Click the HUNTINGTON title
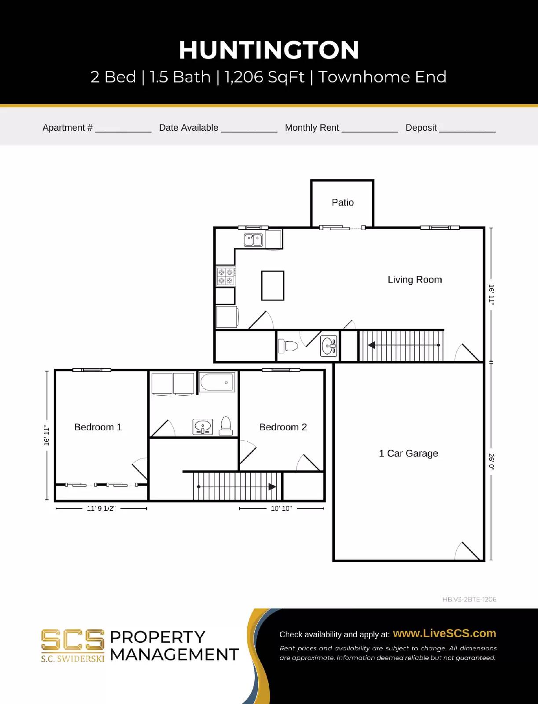[x=269, y=50]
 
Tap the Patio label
[x=342, y=202]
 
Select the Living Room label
[x=414, y=280]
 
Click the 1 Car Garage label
[x=408, y=453]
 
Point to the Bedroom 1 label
[x=98, y=427]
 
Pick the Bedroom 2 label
[x=283, y=427]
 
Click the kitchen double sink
[x=253, y=240]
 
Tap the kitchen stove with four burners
[x=226, y=276]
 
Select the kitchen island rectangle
[x=272, y=286]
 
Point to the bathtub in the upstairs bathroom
[x=217, y=382]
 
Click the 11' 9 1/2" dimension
[x=101, y=509]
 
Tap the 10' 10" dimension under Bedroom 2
[x=281, y=509]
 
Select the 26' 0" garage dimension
[x=491, y=462]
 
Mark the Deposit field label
[x=421, y=128]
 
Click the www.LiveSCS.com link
[x=444, y=633]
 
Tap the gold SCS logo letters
[x=73, y=640]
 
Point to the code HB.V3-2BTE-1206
[x=469, y=599]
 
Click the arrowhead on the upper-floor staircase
[x=272, y=487]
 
